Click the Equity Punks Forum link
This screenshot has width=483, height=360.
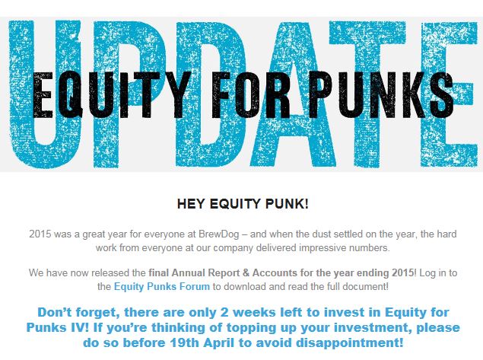tap(162, 287)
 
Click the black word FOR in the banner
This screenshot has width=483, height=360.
tap(251, 94)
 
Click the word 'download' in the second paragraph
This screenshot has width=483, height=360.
tap(245, 287)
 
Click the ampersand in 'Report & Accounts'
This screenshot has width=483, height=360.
tap(246, 272)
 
